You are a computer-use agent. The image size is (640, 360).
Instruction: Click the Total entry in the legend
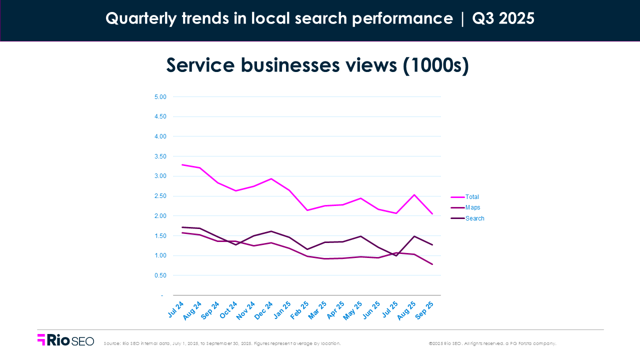tap(472, 197)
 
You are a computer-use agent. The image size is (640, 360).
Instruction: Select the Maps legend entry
tap(472, 207)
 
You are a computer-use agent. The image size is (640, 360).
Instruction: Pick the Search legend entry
tap(474, 218)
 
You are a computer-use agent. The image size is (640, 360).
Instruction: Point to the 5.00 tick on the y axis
tap(159, 96)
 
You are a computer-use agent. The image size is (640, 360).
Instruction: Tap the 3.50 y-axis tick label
tap(159, 156)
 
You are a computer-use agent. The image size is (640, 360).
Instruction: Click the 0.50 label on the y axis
tap(159, 275)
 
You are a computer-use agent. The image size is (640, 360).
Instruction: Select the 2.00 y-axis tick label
tap(159, 216)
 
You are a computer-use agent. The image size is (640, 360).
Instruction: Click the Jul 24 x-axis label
tap(175, 309)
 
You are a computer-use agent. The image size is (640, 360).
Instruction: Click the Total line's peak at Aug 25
tap(414, 195)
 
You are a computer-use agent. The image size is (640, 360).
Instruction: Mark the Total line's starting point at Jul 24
tap(182, 164)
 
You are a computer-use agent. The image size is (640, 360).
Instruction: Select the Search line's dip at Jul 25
tap(396, 255)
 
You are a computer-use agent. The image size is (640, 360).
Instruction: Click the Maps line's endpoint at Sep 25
tap(432, 264)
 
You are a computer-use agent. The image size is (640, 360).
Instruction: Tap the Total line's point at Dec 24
tap(271, 178)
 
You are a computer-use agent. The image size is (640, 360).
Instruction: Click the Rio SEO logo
tap(65, 340)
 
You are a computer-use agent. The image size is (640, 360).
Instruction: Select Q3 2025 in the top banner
tap(503, 18)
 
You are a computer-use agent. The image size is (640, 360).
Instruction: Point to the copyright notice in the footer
tap(492, 343)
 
